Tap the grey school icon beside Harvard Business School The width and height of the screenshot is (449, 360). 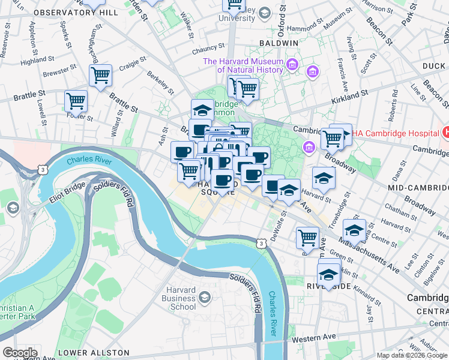coord(205,298)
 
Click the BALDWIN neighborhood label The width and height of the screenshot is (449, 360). coord(279,43)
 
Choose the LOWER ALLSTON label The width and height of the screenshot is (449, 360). coord(94,352)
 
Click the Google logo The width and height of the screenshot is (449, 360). coord(20,352)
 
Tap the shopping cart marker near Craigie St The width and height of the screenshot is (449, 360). coord(100,76)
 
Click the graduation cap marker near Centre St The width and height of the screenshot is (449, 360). coord(354,230)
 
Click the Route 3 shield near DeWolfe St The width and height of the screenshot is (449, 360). coord(260,243)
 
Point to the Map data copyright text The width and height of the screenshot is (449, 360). coord(411,355)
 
